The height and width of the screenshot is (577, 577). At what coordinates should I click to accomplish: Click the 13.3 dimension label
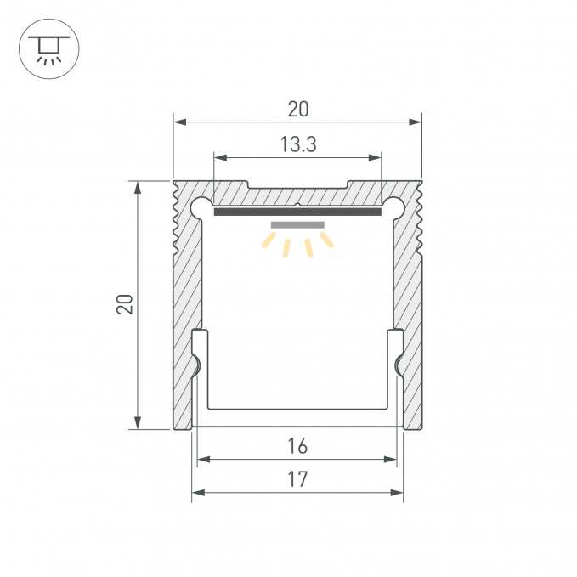point(298,144)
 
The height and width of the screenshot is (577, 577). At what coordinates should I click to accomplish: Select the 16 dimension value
point(297,446)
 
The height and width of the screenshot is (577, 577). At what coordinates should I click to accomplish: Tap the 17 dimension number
point(297,479)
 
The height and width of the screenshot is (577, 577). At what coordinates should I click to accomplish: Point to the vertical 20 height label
point(124,304)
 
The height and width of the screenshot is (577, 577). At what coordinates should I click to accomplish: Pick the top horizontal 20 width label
point(298,110)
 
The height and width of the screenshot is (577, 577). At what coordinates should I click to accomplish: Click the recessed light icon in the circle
point(49,49)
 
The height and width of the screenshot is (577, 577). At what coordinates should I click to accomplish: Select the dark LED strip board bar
point(297,212)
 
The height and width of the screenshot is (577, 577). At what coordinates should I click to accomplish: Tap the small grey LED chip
point(297,225)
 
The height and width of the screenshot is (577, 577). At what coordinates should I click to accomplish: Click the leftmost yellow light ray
point(269,240)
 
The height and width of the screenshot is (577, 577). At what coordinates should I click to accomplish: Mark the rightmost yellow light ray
point(326,240)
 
